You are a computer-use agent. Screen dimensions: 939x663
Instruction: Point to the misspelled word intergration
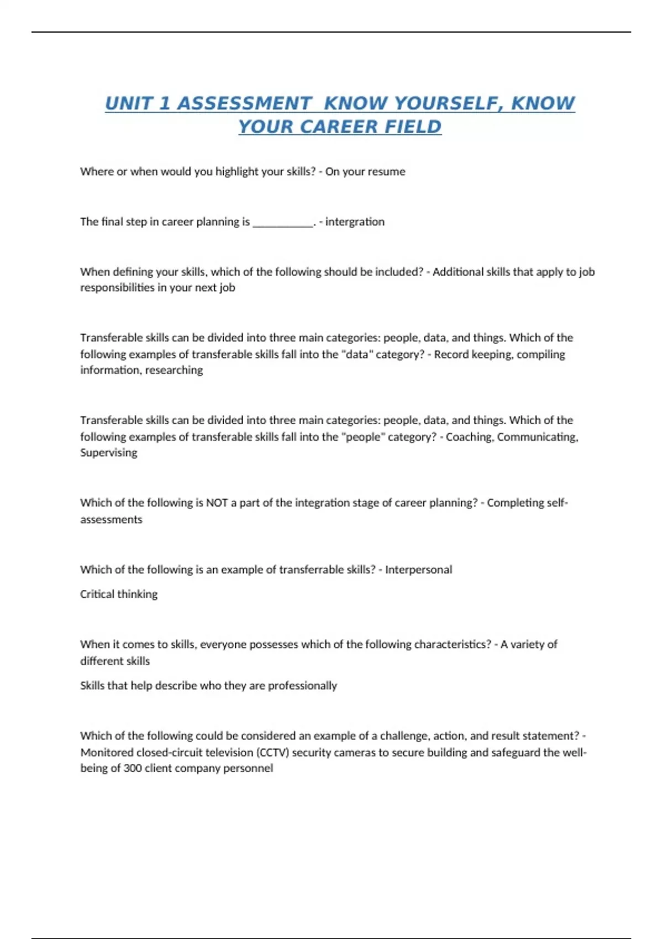[355, 222]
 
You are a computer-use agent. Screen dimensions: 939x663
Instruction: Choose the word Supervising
[109, 453]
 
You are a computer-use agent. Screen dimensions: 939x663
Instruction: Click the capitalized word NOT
[217, 503]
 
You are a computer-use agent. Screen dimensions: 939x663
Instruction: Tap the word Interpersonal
[418, 570]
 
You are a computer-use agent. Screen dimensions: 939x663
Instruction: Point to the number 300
[133, 768]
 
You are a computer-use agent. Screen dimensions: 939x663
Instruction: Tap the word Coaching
[469, 437]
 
